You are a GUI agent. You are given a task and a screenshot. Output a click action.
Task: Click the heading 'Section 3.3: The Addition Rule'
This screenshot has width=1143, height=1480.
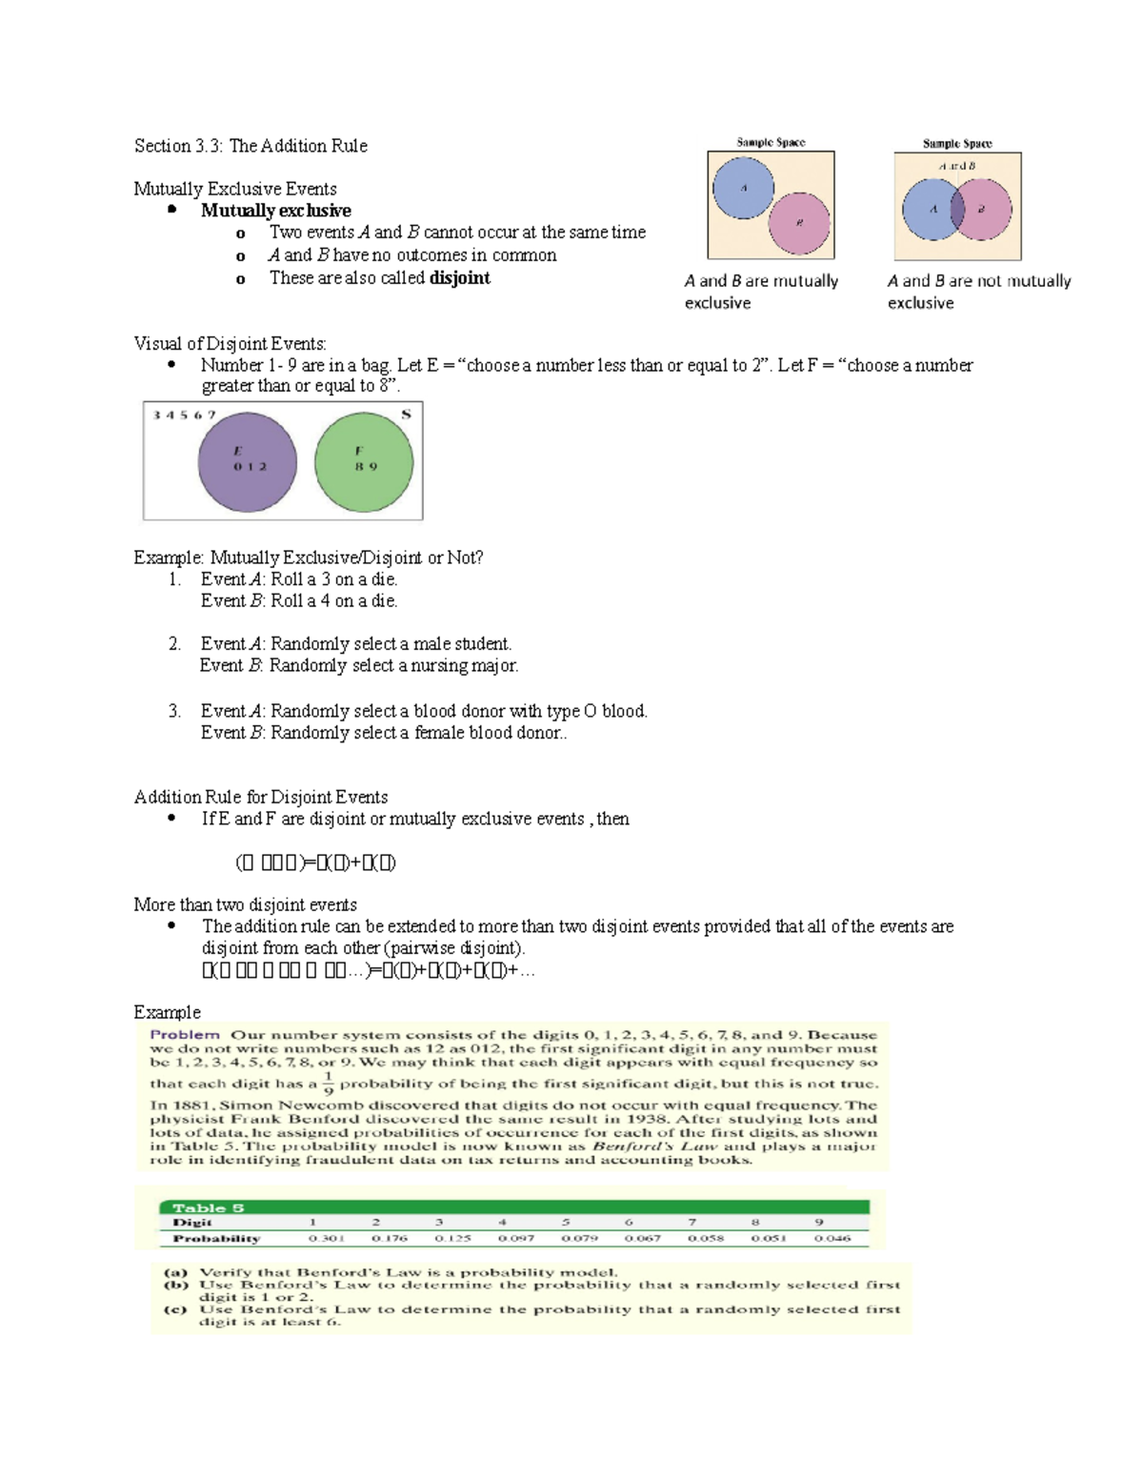[251, 146]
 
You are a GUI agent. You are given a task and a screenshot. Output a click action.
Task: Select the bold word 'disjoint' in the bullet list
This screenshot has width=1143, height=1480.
[459, 278]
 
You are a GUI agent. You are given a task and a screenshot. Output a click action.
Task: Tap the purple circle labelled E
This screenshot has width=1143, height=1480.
[248, 462]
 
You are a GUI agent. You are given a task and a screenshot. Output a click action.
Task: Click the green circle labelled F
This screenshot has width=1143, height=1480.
[364, 462]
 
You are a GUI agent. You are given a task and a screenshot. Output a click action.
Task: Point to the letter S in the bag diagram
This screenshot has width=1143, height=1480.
[406, 415]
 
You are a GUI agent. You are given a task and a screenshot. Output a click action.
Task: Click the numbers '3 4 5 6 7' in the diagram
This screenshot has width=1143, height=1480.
[185, 416]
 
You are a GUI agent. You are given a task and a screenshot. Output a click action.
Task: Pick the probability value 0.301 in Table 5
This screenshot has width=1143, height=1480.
[327, 1239]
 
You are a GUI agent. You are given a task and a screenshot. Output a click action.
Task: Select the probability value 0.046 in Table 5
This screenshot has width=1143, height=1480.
[832, 1239]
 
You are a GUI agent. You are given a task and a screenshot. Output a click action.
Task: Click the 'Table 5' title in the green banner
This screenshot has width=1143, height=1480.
[209, 1207]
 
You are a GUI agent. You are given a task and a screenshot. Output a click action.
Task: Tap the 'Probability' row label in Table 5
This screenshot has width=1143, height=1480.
[216, 1239]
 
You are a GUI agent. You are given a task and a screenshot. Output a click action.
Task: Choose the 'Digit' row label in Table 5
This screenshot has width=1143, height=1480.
[192, 1223]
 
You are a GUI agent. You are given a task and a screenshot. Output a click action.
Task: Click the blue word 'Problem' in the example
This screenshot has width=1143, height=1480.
[185, 1035]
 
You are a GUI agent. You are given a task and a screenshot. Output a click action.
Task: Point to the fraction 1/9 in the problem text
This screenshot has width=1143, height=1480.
[328, 1084]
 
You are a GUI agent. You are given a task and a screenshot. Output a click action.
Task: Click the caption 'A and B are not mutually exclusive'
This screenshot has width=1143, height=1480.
[978, 292]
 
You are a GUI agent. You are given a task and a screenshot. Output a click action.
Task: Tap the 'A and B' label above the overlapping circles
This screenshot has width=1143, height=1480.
[956, 166]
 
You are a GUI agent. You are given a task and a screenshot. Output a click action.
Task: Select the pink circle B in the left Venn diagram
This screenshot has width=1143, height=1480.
[800, 223]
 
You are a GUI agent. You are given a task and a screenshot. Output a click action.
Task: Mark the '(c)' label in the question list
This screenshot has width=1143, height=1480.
[175, 1309]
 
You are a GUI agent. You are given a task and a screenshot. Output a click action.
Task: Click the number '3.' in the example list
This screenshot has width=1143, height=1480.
[174, 711]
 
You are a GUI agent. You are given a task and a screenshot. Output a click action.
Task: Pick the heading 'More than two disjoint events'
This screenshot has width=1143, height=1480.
[246, 904]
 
